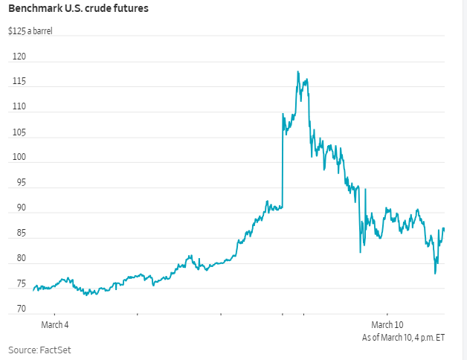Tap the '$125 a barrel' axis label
click(x=30, y=32)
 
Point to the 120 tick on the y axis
click(x=20, y=57)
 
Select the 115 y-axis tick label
click(x=20, y=82)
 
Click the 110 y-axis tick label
click(x=20, y=107)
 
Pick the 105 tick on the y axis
click(x=20, y=132)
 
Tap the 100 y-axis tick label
click(x=20, y=158)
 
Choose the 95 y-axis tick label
click(x=20, y=183)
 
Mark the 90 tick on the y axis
click(x=20, y=208)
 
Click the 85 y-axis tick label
click(x=20, y=234)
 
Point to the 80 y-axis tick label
click(x=20, y=259)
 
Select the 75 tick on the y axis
click(x=20, y=284)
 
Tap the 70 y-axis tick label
click(x=20, y=309)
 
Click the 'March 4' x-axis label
click(x=54, y=325)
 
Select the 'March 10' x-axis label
click(x=387, y=325)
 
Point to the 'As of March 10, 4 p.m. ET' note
click(x=403, y=338)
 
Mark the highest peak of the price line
click(x=297, y=71)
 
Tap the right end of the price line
click(x=444, y=228)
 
